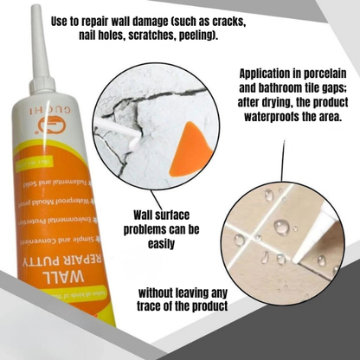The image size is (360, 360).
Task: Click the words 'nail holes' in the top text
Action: [94, 37]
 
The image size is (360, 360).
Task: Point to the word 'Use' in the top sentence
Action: [62, 20]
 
